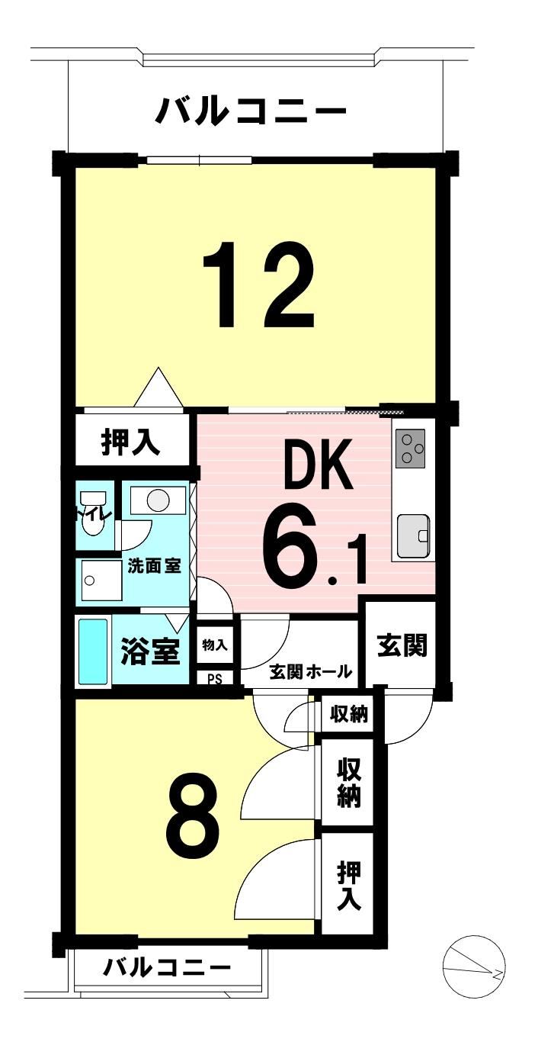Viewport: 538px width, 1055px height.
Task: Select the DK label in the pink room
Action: click(x=319, y=464)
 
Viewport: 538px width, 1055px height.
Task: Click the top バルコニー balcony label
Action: click(x=251, y=110)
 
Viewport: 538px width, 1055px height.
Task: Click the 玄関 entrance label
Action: click(x=402, y=645)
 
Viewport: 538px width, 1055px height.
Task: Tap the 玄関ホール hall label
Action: click(x=311, y=671)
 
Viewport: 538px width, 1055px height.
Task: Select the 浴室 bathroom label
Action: click(x=150, y=651)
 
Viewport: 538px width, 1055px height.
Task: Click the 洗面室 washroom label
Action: click(x=155, y=566)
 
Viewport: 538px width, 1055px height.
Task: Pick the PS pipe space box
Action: click(x=215, y=679)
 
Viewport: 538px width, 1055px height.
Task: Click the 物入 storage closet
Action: click(x=215, y=645)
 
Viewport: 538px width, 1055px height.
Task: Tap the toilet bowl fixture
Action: click(x=94, y=513)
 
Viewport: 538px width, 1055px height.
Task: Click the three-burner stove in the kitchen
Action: click(x=410, y=448)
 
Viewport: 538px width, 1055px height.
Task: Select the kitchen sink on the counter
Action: click(x=413, y=536)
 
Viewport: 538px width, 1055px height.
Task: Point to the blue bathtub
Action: click(x=93, y=651)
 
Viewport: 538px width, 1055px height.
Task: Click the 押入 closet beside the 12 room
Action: click(x=130, y=442)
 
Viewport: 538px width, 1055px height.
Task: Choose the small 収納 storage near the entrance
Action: click(x=349, y=715)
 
